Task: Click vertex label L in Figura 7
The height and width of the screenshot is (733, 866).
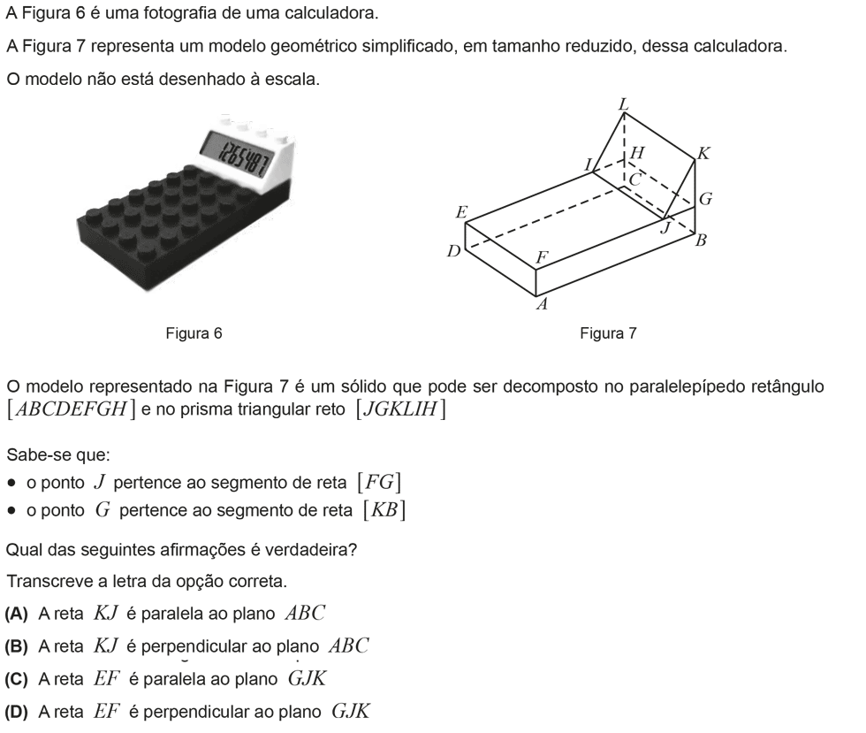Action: click(x=624, y=104)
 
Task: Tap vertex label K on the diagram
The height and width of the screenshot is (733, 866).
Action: click(x=703, y=153)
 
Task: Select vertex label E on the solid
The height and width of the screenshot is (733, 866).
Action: click(x=461, y=212)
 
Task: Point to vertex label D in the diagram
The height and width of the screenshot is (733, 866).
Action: click(x=453, y=252)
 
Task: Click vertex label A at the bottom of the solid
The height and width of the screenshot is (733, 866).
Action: click(x=542, y=304)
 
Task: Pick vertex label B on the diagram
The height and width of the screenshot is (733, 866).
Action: click(x=701, y=241)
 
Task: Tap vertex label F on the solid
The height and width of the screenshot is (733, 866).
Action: click(x=543, y=257)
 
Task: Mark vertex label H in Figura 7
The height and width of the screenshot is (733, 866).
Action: click(x=637, y=153)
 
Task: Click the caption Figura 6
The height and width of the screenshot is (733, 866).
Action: click(x=194, y=333)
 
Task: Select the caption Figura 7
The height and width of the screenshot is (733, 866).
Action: click(x=608, y=333)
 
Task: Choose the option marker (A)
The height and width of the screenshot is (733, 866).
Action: click(x=16, y=614)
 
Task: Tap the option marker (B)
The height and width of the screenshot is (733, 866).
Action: click(x=16, y=646)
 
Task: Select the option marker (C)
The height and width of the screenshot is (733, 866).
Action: click(x=16, y=679)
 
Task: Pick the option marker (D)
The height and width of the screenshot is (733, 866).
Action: click(x=16, y=712)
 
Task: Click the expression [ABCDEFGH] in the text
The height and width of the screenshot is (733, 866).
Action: click(x=71, y=409)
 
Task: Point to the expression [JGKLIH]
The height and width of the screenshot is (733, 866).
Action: click(x=401, y=409)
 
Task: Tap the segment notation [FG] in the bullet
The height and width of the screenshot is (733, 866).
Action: click(x=379, y=483)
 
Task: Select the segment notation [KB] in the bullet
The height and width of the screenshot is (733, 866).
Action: click(x=384, y=509)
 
